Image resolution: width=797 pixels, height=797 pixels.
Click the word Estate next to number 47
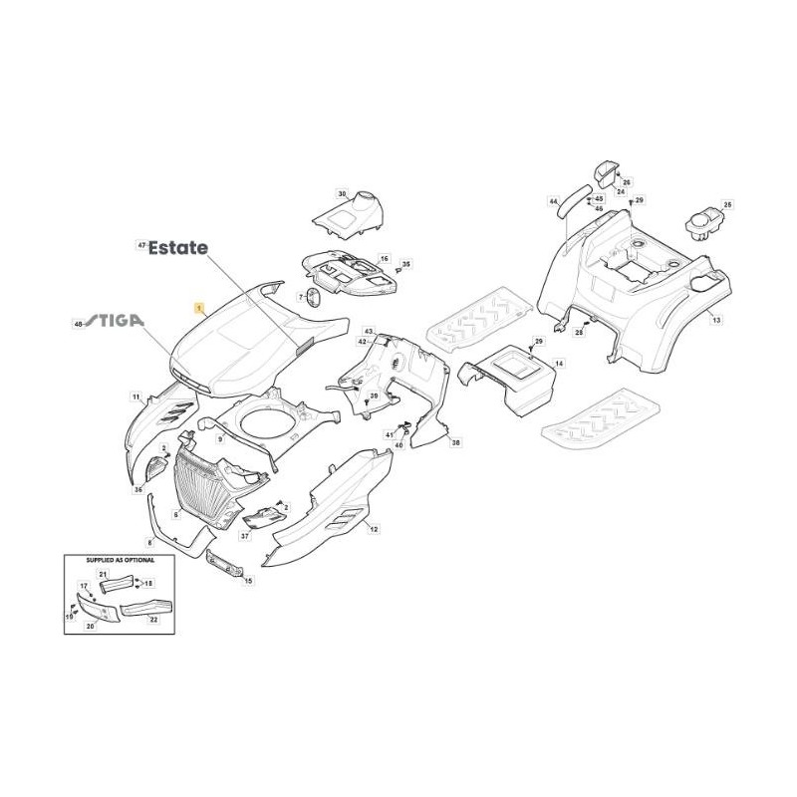click(178, 248)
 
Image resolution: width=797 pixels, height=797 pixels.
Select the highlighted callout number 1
click(198, 311)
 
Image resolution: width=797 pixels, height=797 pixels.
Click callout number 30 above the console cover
click(342, 194)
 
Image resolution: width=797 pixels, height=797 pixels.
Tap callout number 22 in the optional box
click(153, 619)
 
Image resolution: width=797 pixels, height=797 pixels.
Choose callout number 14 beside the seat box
click(559, 365)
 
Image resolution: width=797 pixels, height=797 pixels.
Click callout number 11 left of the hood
click(135, 397)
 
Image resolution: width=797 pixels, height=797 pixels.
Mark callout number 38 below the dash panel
click(456, 441)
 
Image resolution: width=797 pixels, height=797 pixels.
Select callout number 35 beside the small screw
click(406, 264)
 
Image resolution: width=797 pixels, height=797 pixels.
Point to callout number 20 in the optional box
click(90, 626)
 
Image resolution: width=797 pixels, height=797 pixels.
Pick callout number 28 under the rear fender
click(579, 332)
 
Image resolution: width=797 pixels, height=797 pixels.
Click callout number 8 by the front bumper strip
click(149, 542)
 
